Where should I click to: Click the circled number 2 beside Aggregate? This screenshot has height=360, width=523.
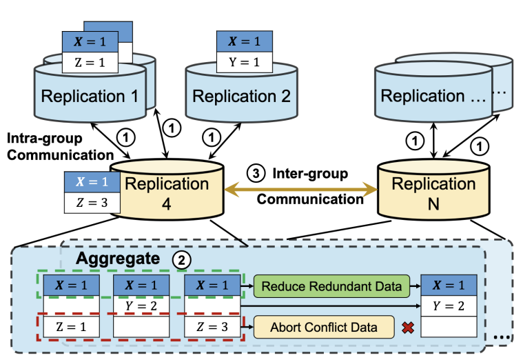point(182,261)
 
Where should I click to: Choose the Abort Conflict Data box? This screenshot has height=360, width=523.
point(325,326)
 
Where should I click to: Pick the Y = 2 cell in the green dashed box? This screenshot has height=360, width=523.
point(141,305)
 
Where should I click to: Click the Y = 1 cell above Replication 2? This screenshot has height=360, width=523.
point(236,61)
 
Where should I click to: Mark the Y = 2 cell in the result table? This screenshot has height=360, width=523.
point(449,305)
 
